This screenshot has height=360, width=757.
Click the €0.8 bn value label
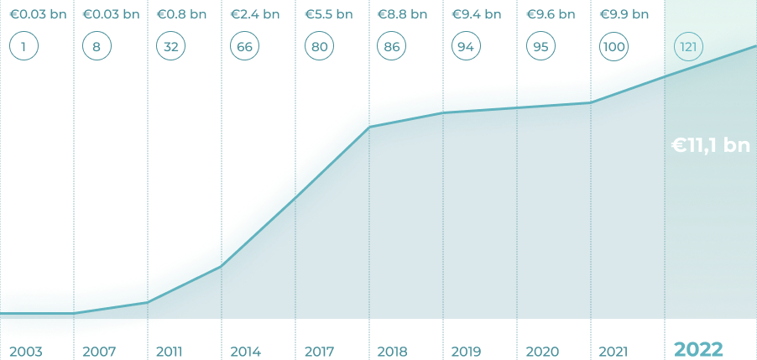tap(181, 14)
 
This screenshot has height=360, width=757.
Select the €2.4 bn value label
tap(255, 14)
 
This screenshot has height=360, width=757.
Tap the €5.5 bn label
tap(328, 14)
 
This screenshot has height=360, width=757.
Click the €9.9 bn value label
tap(624, 14)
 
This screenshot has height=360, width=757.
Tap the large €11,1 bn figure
tap(710, 146)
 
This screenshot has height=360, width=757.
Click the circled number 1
tap(24, 46)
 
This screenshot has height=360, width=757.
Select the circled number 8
tap(97, 46)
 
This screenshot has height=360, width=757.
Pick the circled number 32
tap(171, 46)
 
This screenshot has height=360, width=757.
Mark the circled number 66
tap(245, 46)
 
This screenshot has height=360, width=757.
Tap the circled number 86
tap(392, 46)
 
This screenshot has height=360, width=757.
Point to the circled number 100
tap(613, 46)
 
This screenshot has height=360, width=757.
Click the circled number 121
tap(688, 46)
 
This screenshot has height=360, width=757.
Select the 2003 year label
tap(25, 351)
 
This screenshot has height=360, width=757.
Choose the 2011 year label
tap(169, 351)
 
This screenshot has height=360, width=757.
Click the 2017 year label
tap(320, 351)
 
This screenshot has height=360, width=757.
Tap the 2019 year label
tap(466, 351)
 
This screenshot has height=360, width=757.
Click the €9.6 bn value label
tap(550, 14)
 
